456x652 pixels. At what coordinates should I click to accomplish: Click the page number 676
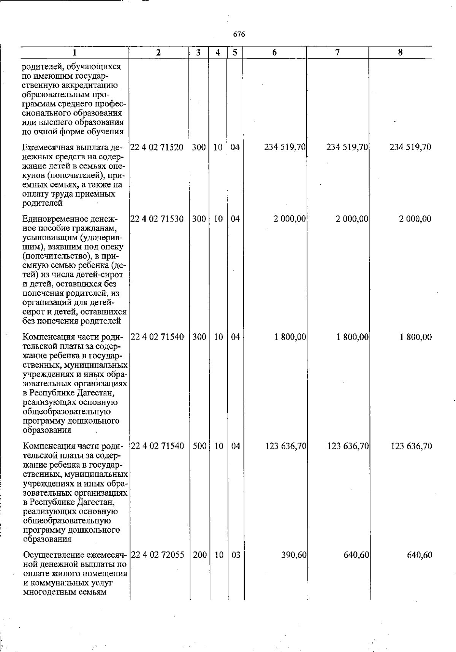coord(239,35)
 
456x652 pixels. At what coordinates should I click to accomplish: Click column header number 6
coord(274,53)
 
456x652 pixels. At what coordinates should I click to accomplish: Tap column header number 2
coord(158,53)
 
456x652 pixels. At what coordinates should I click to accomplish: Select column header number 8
coord(400,53)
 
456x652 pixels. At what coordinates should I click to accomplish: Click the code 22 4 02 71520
coord(157,147)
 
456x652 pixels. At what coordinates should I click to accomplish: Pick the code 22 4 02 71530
coord(157,219)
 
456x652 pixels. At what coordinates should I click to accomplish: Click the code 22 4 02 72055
coord(157,555)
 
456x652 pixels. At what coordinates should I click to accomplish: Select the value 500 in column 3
coord(199,446)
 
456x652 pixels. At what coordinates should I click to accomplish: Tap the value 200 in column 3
coord(199,555)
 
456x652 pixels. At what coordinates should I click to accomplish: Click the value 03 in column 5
coord(236,555)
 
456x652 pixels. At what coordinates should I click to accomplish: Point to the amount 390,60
coord(294,555)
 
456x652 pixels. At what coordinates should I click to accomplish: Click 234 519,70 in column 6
coord(285,147)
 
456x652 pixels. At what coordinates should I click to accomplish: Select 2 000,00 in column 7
coord(352,219)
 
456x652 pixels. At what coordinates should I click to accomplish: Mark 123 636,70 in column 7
coord(348,446)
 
